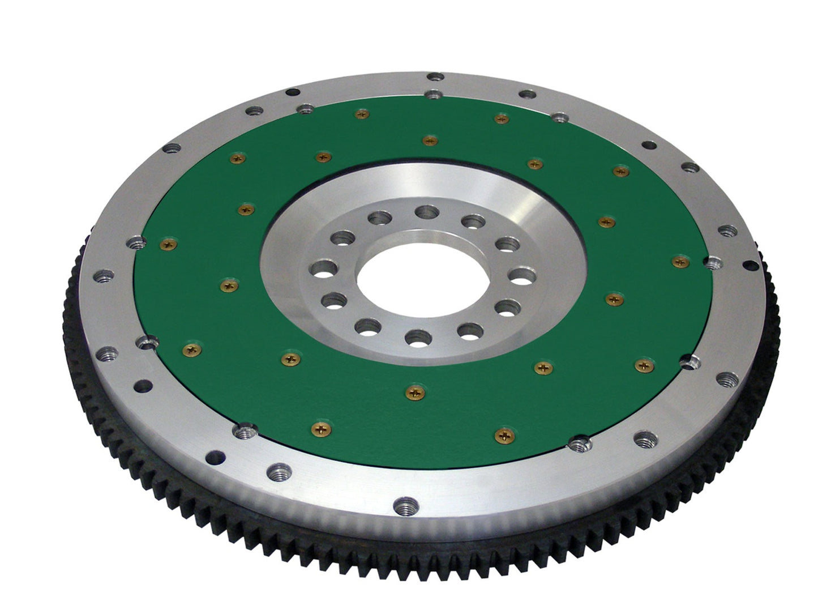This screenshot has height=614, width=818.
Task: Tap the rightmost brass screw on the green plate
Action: click(680, 261)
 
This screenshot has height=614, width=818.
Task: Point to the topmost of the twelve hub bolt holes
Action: click(427, 212)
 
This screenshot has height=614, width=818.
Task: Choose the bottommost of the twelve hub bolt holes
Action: click(418, 338)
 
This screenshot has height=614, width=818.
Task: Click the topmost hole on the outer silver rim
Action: click(435, 76)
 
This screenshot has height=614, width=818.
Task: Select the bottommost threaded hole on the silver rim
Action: click(407, 504)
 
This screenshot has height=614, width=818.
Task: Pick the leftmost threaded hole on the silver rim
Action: click(104, 276)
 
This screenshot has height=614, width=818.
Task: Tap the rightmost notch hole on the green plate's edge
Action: click(713, 262)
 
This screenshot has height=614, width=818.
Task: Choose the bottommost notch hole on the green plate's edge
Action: click(578, 444)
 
